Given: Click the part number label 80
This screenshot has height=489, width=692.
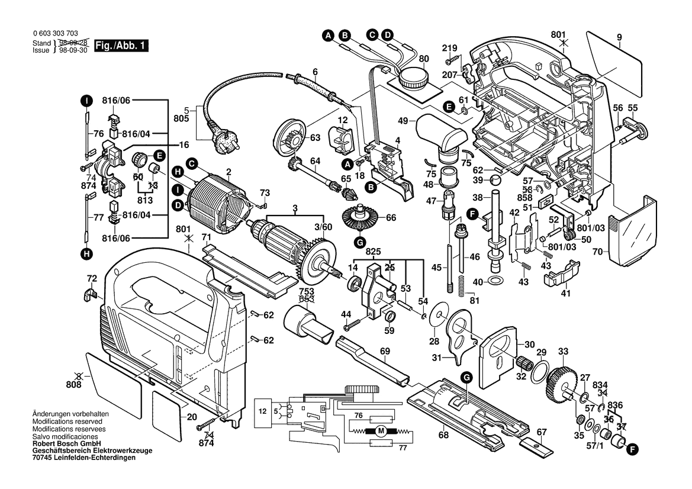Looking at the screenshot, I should pos(424,59).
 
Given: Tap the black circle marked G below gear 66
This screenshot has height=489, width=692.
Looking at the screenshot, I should pos(360,241).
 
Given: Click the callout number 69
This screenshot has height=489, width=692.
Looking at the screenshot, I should pos(385,352).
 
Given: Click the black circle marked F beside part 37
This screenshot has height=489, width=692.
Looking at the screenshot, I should pos(633,450).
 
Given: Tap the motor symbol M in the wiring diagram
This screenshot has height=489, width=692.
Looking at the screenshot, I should pos(381,430).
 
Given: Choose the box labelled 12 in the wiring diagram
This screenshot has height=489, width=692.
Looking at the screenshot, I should pos(261,410).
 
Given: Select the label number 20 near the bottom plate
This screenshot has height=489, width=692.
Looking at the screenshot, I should pos(191,417).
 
